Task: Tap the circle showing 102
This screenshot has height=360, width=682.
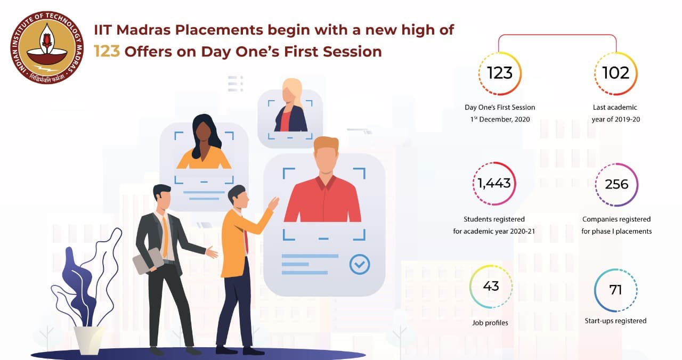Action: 615,73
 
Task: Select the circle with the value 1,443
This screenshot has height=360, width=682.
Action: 494,184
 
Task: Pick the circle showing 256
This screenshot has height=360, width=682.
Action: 616,184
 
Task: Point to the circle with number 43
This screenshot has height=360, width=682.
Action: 491,287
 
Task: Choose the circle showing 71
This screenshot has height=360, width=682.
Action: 615,290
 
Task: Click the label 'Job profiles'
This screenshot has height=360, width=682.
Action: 490,323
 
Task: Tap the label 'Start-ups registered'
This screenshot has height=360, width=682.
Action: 615,321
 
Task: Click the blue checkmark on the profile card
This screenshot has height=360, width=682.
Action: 359,264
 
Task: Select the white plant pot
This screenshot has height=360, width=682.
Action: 89,339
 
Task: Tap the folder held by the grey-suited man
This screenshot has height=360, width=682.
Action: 148,260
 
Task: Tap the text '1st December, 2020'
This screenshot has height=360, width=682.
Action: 499,119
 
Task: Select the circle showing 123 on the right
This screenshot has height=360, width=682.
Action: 499,73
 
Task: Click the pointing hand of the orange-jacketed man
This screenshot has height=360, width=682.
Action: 273,203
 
